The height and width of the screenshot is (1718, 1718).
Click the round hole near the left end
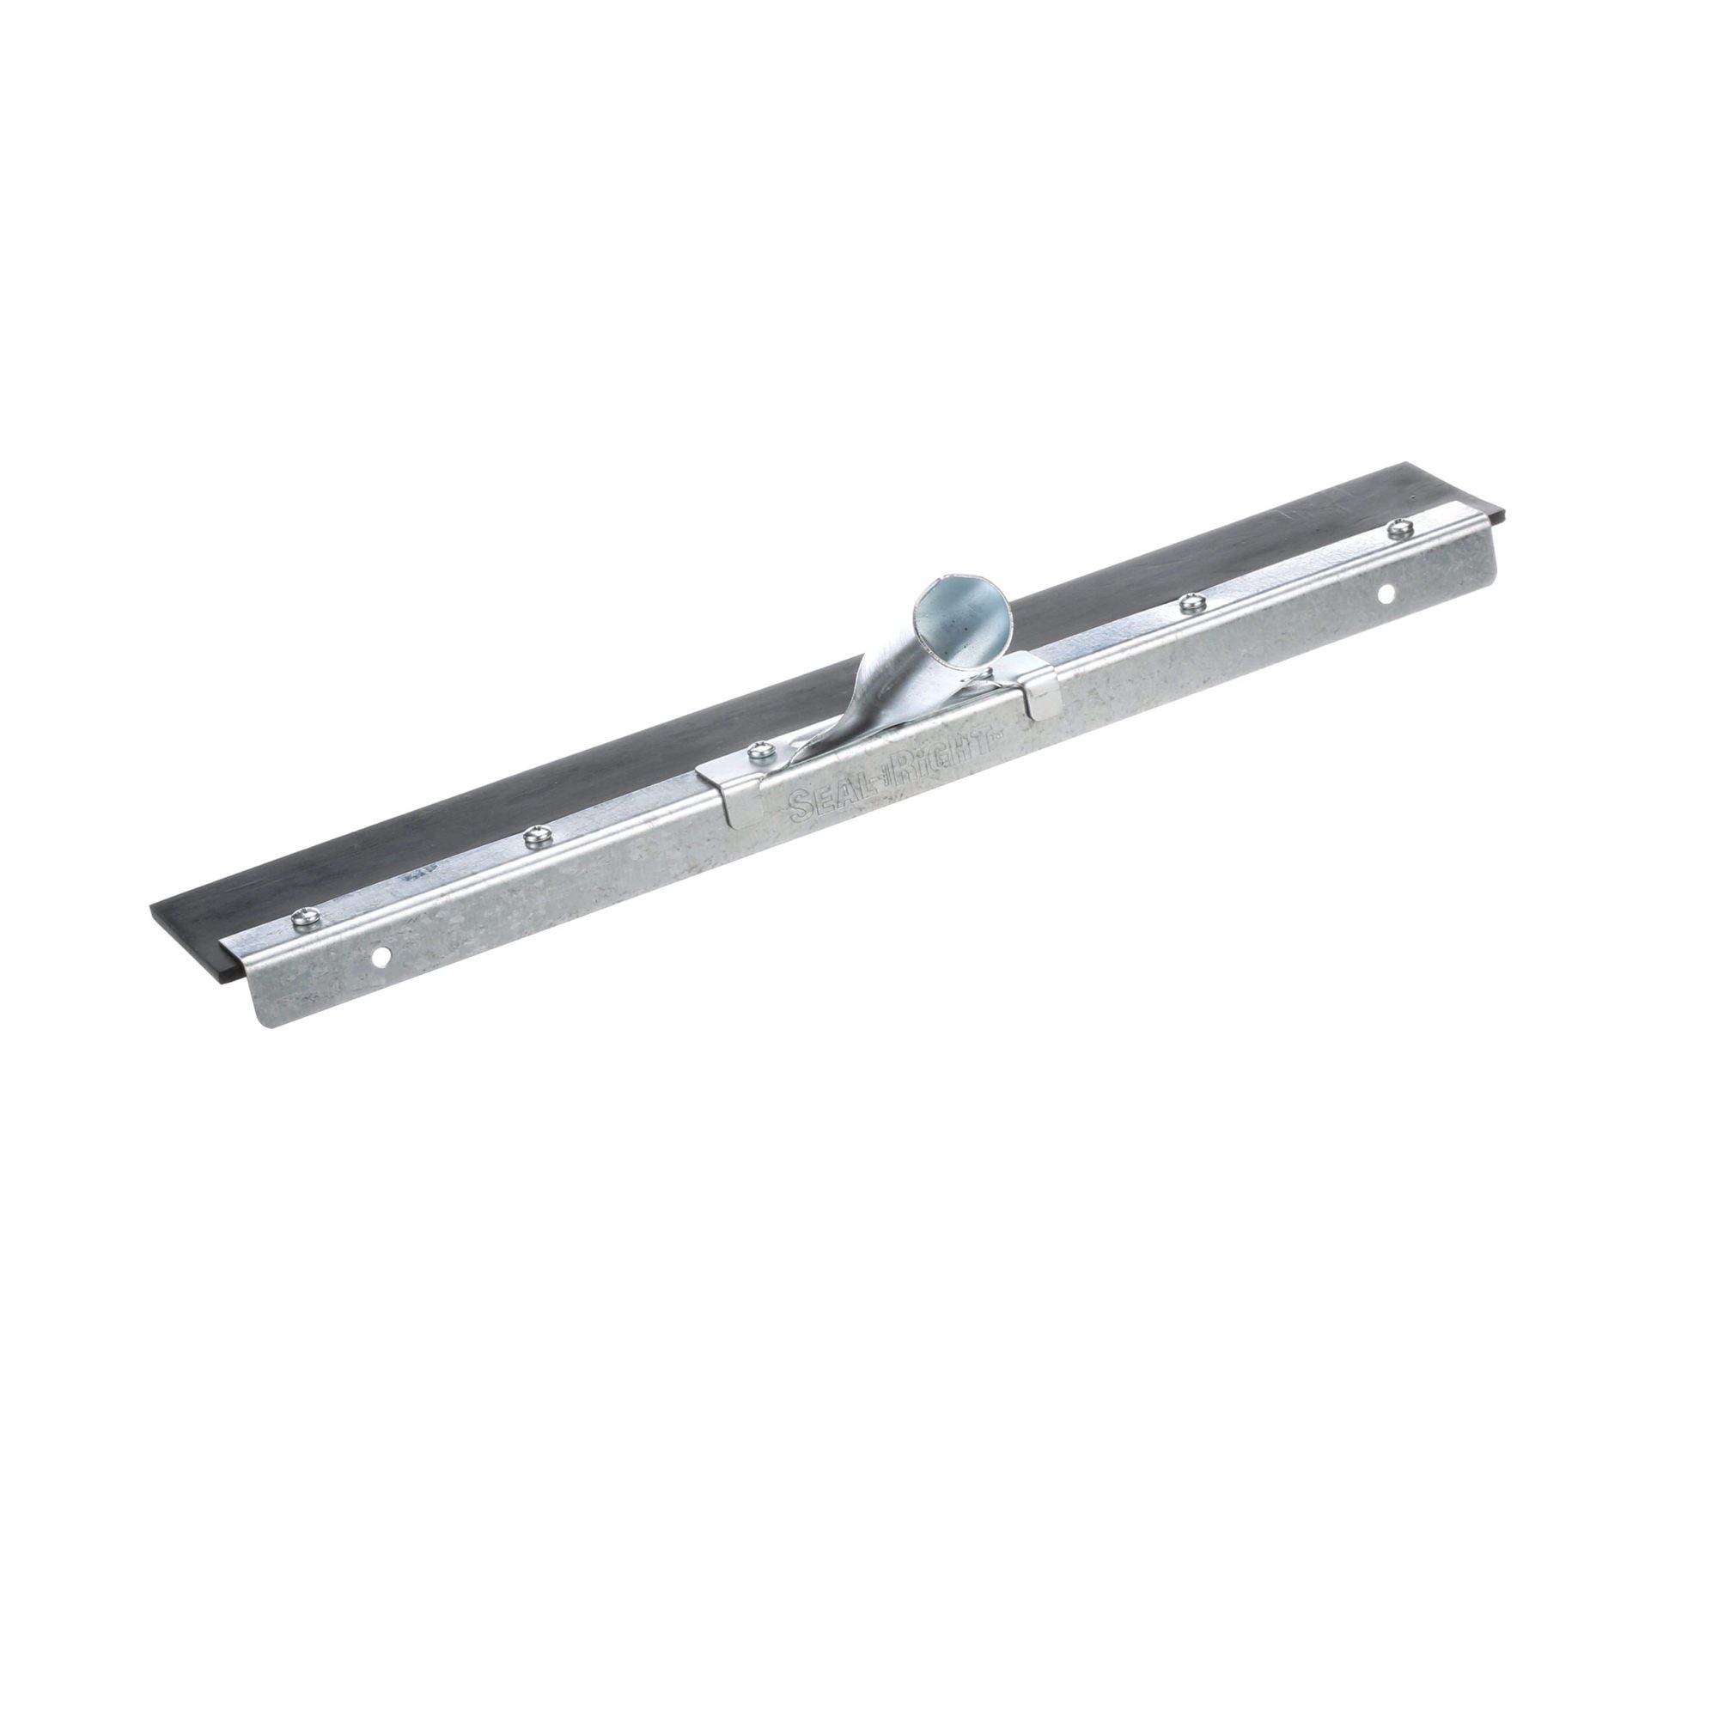(x=380, y=958)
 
